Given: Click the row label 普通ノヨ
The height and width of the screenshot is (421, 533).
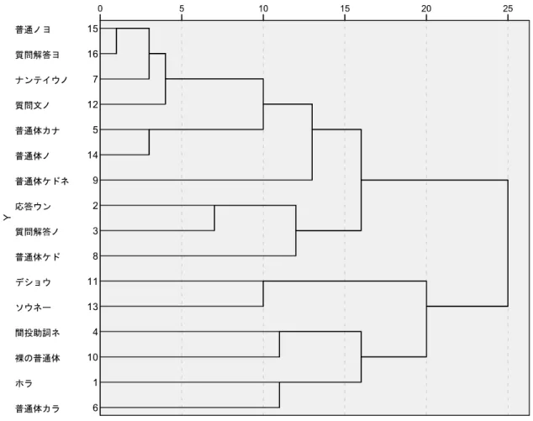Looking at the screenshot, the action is coord(33,29).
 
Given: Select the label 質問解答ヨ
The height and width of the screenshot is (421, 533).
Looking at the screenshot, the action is coord(37,55).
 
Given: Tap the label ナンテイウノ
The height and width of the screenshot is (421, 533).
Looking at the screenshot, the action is coord(42,80).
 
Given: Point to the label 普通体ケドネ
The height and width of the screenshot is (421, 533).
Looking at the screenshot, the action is coord(42,182).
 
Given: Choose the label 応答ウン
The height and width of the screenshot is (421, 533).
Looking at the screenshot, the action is coord(33,207).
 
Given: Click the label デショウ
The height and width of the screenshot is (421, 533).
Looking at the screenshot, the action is coord(33,282).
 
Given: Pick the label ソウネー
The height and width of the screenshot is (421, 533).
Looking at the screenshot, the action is coord(33,308).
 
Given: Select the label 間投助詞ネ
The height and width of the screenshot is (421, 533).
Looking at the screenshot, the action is coord(37,333).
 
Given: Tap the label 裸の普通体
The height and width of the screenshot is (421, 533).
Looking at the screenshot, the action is coord(37,358).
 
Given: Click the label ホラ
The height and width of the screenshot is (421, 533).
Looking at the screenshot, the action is coord(24,383).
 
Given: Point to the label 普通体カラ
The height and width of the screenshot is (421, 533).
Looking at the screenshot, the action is coord(37,408).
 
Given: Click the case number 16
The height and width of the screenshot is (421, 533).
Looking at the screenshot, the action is coord(92,54).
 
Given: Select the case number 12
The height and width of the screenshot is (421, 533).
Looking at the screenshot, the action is coord(92,104).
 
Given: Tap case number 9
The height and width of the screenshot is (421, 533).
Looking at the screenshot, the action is coord(95,180).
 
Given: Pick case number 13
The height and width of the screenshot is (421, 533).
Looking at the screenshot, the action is coord(92,307).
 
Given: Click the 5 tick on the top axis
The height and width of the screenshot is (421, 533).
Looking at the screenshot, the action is coord(182,9).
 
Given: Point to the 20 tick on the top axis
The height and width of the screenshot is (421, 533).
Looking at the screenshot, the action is coord(426,9).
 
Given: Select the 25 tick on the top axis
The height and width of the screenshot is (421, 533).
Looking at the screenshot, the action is coord(508,9).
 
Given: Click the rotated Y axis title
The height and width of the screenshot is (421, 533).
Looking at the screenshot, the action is coord(7,218).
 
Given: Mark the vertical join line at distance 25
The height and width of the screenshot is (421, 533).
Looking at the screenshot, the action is coord(508,244).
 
